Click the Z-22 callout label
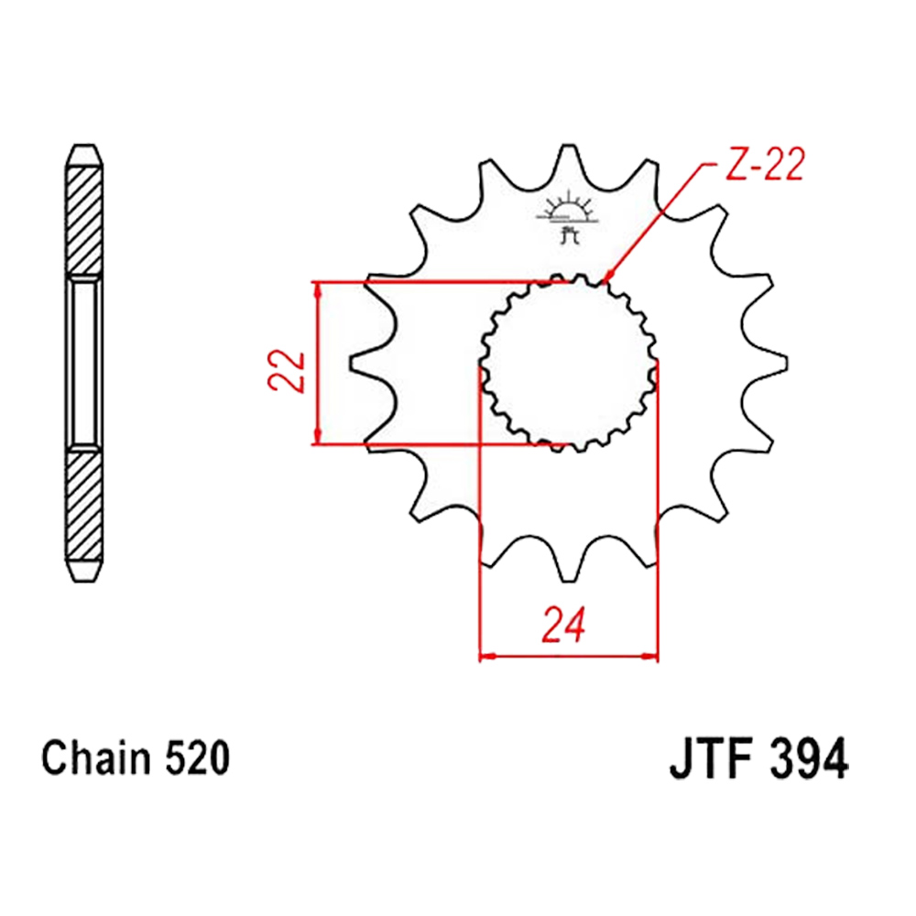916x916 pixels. (x=765, y=164)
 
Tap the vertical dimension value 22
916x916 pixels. (x=286, y=370)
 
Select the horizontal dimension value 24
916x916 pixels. (x=563, y=625)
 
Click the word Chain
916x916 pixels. (x=96, y=758)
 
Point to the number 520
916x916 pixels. (x=197, y=758)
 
